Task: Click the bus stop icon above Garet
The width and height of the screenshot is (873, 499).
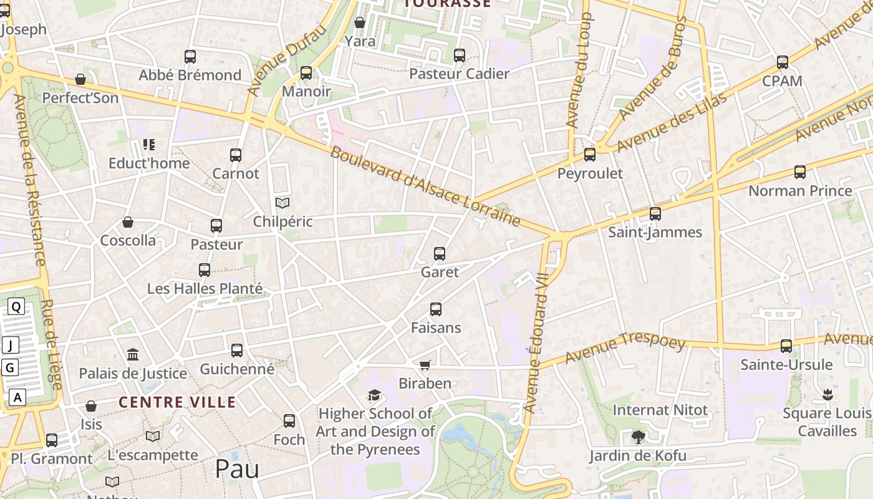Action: point(440,254)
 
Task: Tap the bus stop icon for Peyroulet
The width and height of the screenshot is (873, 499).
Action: point(589,155)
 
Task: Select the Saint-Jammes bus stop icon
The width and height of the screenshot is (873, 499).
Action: point(655,214)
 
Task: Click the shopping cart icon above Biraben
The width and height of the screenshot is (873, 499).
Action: point(425,365)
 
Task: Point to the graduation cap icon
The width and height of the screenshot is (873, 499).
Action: point(374,395)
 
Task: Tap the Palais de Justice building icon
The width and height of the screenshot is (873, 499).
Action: point(133,355)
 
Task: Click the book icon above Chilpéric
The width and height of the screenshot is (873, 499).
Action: point(282,203)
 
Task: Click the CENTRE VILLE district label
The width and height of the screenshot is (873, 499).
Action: point(177,402)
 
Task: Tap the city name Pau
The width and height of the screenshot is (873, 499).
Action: point(237,469)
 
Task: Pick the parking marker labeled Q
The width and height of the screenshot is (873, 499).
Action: point(16,306)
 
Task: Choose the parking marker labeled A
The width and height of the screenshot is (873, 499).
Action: point(17,397)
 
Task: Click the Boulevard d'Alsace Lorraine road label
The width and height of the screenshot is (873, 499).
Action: point(425,187)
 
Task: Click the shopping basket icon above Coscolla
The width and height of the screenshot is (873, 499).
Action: point(128,222)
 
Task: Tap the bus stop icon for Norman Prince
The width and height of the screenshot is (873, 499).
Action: point(799,172)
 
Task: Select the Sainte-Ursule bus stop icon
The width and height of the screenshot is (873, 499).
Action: point(786,346)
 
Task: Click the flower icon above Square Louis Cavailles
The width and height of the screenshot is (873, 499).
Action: point(827,394)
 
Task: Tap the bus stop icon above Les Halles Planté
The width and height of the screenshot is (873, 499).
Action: point(205,270)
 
